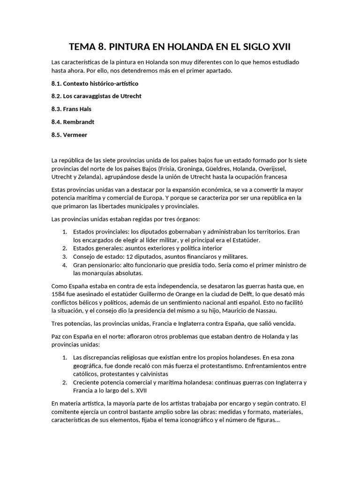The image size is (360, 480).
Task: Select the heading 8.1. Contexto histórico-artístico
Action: tap(95, 83)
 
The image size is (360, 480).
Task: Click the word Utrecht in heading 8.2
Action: tap(129, 96)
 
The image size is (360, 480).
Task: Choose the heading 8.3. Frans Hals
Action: tap(71, 109)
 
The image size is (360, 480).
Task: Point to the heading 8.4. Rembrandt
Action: tap(73, 122)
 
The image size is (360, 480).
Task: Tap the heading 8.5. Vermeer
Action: tap(69, 135)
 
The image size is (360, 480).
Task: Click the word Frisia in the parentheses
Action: tap(171, 169)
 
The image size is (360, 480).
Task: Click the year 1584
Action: tap(60, 293)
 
